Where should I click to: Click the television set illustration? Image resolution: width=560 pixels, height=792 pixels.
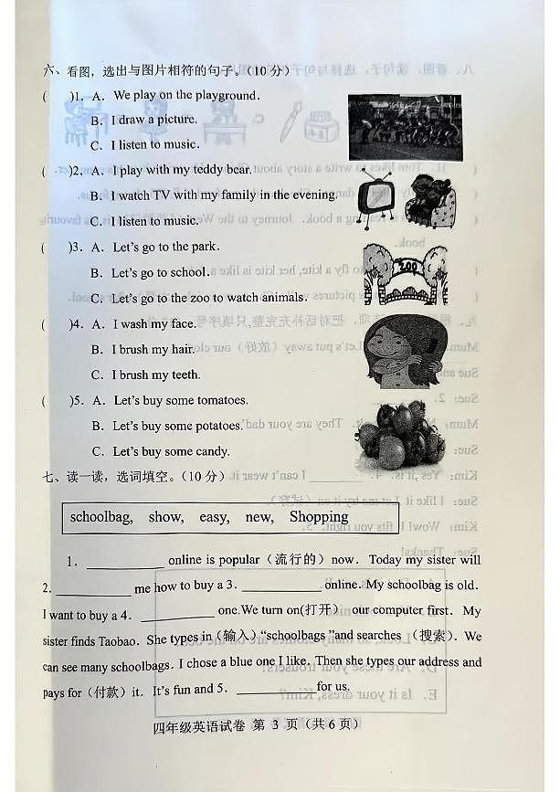[x=374, y=197]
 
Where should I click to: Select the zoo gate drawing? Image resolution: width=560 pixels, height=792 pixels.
[x=406, y=273]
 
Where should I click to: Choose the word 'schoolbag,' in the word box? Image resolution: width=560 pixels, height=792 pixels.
[x=101, y=517]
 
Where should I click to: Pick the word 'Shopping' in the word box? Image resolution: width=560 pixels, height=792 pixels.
[x=319, y=517]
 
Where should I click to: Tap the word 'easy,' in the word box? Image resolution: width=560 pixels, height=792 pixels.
[x=214, y=517]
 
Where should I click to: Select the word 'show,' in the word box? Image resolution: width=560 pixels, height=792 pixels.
[x=165, y=517]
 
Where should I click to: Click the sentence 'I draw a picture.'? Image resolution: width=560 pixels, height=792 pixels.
[x=153, y=120]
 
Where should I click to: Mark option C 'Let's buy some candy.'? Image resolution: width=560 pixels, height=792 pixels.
[x=171, y=451]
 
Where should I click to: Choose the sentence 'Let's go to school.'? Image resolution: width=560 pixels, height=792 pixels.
[x=160, y=272]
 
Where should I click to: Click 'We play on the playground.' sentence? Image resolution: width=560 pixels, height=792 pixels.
[x=186, y=95]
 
